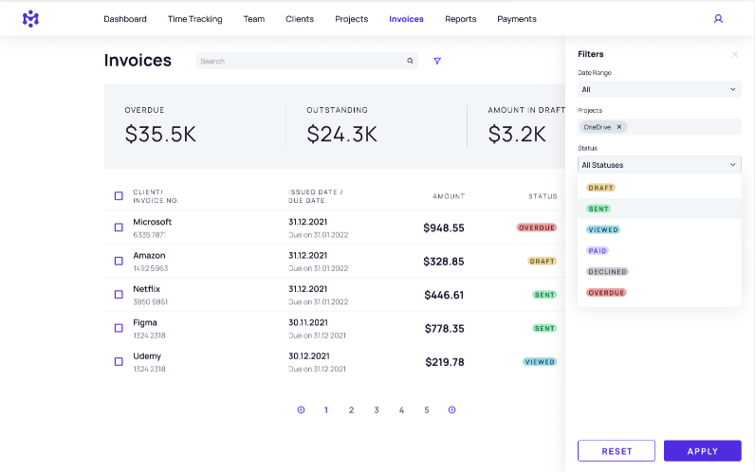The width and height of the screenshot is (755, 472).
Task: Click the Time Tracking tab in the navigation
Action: (194, 19)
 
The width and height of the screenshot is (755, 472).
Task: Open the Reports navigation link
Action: (461, 19)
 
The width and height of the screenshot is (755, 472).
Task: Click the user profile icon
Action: (718, 19)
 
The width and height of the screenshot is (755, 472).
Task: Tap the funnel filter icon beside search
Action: (437, 61)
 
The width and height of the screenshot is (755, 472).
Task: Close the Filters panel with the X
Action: (734, 55)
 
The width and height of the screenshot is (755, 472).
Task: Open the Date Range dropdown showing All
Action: (659, 89)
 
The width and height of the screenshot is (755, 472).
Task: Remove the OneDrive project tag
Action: (619, 127)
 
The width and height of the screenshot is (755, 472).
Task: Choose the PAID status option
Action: (598, 250)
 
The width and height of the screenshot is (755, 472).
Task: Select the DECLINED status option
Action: (607, 271)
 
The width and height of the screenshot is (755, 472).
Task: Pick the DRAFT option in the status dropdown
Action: (601, 188)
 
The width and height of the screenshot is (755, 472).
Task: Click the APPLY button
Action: (702, 451)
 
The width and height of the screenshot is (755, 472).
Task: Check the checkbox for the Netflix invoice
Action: (119, 295)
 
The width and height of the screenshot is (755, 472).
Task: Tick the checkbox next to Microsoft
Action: (119, 227)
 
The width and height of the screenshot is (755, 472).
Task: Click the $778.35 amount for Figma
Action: (444, 329)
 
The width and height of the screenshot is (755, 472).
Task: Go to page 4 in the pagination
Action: (401, 410)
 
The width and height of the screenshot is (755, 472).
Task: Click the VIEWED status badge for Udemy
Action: (540, 362)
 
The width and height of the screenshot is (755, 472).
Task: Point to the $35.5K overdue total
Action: (160, 135)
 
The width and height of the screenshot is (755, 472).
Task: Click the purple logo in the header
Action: (31, 19)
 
